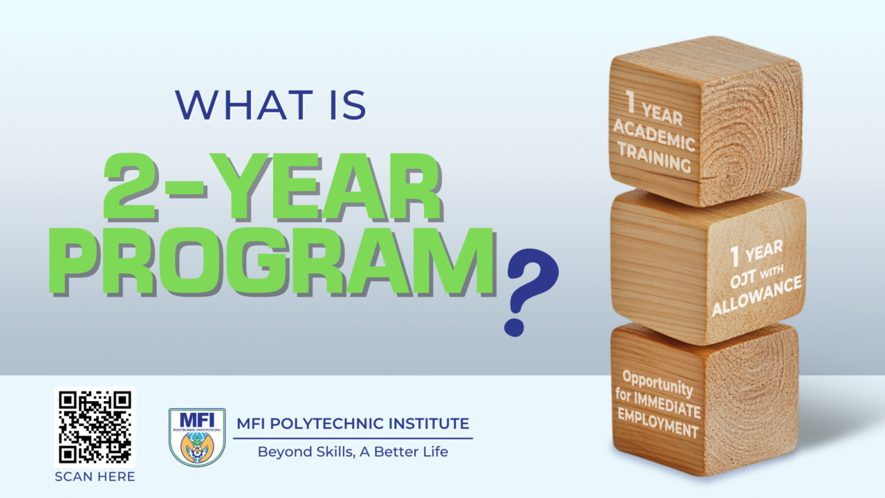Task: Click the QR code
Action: click(x=95, y=426)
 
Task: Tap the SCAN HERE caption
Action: click(x=95, y=477)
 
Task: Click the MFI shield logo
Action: click(x=197, y=437)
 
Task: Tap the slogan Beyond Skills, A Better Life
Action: click(x=353, y=452)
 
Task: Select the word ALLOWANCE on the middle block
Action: click(x=757, y=297)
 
